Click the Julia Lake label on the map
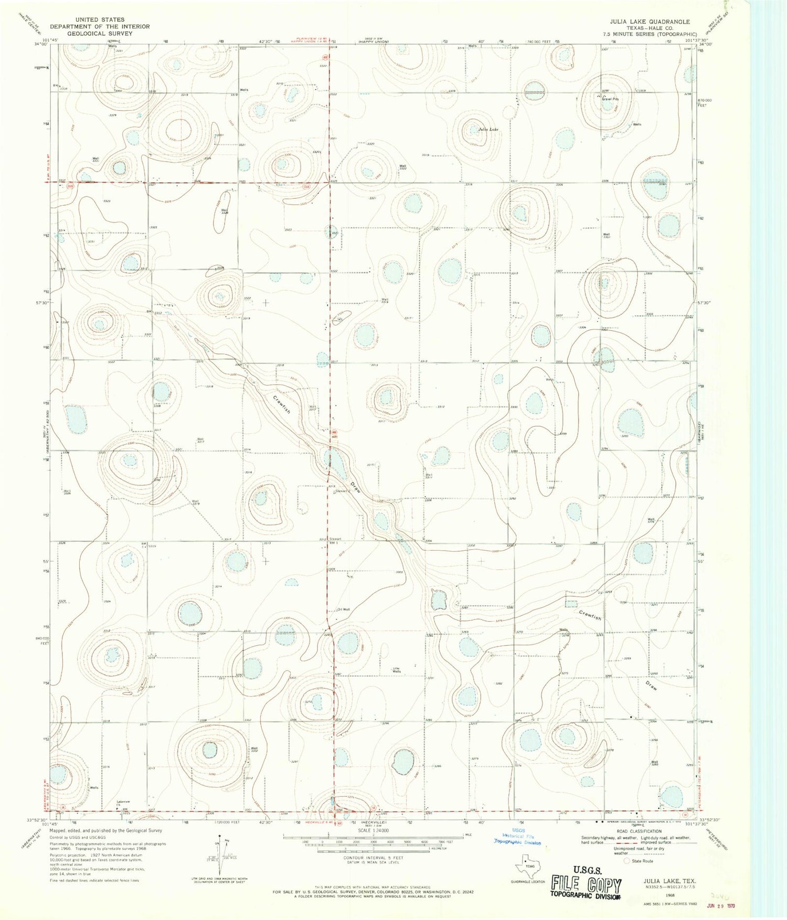[488, 129]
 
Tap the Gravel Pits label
[610, 99]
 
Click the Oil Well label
[343, 609]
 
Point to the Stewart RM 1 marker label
[334, 541]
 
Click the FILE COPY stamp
[586, 886]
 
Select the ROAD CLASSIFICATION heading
[639, 831]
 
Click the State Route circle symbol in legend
[626, 861]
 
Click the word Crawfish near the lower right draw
[590, 615]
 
